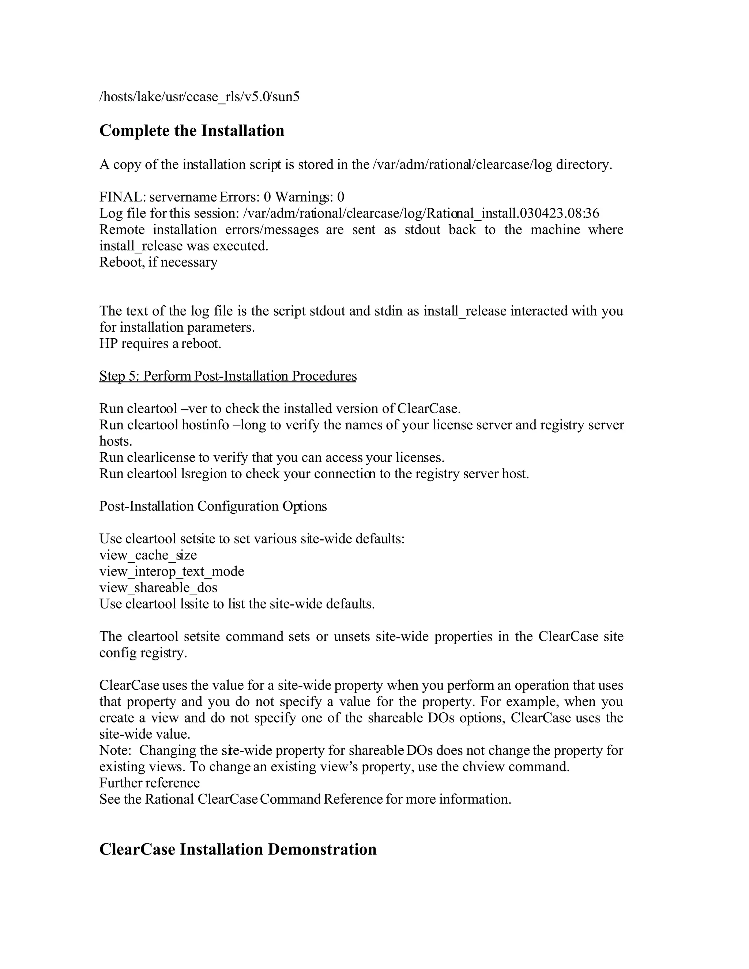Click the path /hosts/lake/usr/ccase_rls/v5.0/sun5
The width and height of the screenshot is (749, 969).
tap(199, 97)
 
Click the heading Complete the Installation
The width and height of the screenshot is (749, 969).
tap(192, 131)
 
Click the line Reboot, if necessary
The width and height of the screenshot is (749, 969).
tap(158, 262)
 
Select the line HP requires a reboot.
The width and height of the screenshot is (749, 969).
tap(160, 344)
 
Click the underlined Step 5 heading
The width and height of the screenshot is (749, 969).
tap(227, 376)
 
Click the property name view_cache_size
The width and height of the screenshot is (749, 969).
tap(148, 555)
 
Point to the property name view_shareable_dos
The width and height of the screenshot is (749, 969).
tap(158, 588)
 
